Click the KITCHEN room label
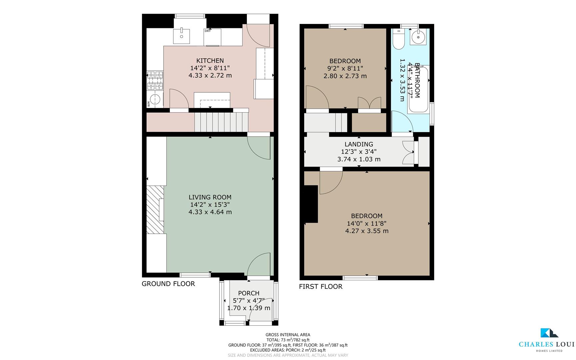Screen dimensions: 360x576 [x=210, y=61]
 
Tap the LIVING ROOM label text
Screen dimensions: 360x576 [x=210, y=197]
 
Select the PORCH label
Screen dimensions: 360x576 [x=249, y=293]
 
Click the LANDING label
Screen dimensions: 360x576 [x=358, y=144]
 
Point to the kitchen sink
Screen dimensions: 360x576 [x=182, y=36]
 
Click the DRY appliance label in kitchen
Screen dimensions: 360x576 [x=208, y=31]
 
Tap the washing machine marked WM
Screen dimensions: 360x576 [x=155, y=99]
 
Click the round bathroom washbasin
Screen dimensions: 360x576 [x=418, y=37]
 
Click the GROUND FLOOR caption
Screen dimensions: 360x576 [x=168, y=284]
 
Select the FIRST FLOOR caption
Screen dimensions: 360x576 [x=320, y=287]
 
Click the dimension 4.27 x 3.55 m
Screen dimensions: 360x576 [x=366, y=231]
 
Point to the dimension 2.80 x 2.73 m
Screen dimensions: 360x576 [x=345, y=76]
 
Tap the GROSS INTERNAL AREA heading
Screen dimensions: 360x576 [x=288, y=335]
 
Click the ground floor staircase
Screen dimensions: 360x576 [x=221, y=122]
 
